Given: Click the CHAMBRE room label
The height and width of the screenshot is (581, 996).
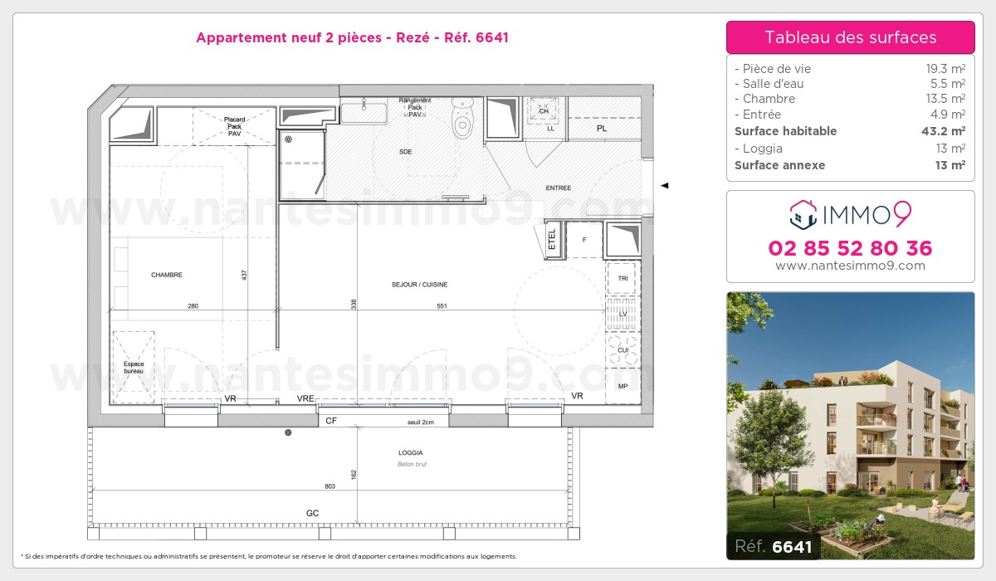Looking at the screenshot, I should [166, 275].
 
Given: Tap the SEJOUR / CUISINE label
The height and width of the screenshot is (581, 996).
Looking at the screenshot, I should [419, 285].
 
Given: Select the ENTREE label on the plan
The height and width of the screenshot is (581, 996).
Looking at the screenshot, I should [558, 188].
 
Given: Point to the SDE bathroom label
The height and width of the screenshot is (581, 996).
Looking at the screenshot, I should [405, 152].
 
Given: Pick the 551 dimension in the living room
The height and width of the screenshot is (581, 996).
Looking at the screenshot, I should [442, 306].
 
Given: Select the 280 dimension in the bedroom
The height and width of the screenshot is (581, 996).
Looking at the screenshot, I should [193, 306].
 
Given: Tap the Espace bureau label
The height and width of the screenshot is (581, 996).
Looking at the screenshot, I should [133, 368].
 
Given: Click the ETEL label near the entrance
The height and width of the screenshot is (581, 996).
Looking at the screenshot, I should [552, 239].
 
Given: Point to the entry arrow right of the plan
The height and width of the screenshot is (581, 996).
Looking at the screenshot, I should [664, 186].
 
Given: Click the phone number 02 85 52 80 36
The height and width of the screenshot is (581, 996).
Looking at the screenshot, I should [850, 248].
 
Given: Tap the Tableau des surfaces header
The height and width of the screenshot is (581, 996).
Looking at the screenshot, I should [850, 37].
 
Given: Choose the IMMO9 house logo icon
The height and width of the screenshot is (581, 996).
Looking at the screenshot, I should [803, 214].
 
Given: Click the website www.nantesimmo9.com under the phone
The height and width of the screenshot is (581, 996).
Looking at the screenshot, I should [850, 266].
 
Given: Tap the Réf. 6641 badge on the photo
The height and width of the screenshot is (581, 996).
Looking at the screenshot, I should [769, 546].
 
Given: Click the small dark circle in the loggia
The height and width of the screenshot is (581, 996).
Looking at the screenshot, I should [288, 432].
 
